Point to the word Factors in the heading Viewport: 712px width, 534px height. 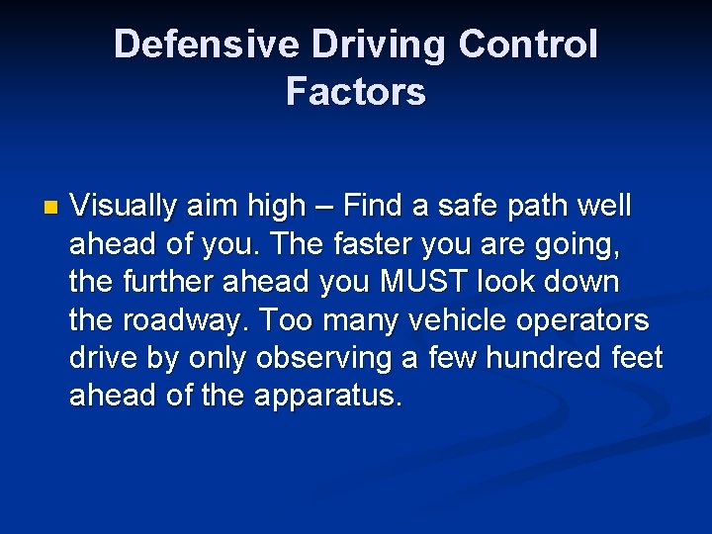356,92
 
